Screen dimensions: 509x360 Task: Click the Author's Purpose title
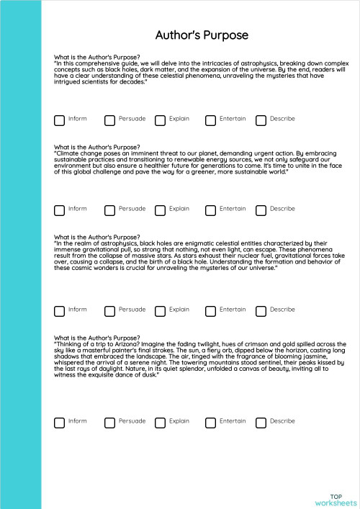(202, 35)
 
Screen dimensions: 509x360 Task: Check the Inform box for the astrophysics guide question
(59, 120)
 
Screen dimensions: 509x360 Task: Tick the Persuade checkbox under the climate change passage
(109, 210)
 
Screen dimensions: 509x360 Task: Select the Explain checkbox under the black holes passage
(160, 311)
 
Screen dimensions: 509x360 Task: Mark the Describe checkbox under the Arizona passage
(261, 423)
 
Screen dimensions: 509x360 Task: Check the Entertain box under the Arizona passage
(210, 423)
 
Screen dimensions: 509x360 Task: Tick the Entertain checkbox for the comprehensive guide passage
(210, 120)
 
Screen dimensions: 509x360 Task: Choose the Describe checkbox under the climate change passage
(261, 210)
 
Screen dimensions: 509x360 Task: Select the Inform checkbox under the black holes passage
(59, 311)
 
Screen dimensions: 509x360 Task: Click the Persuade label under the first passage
(132, 119)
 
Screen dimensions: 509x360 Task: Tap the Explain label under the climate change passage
(179, 209)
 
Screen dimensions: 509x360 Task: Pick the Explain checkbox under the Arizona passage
(160, 423)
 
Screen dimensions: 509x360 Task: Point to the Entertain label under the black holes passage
(233, 310)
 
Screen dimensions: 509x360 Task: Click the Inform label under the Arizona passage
(77, 421)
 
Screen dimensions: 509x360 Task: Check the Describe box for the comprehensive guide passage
(261, 120)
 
